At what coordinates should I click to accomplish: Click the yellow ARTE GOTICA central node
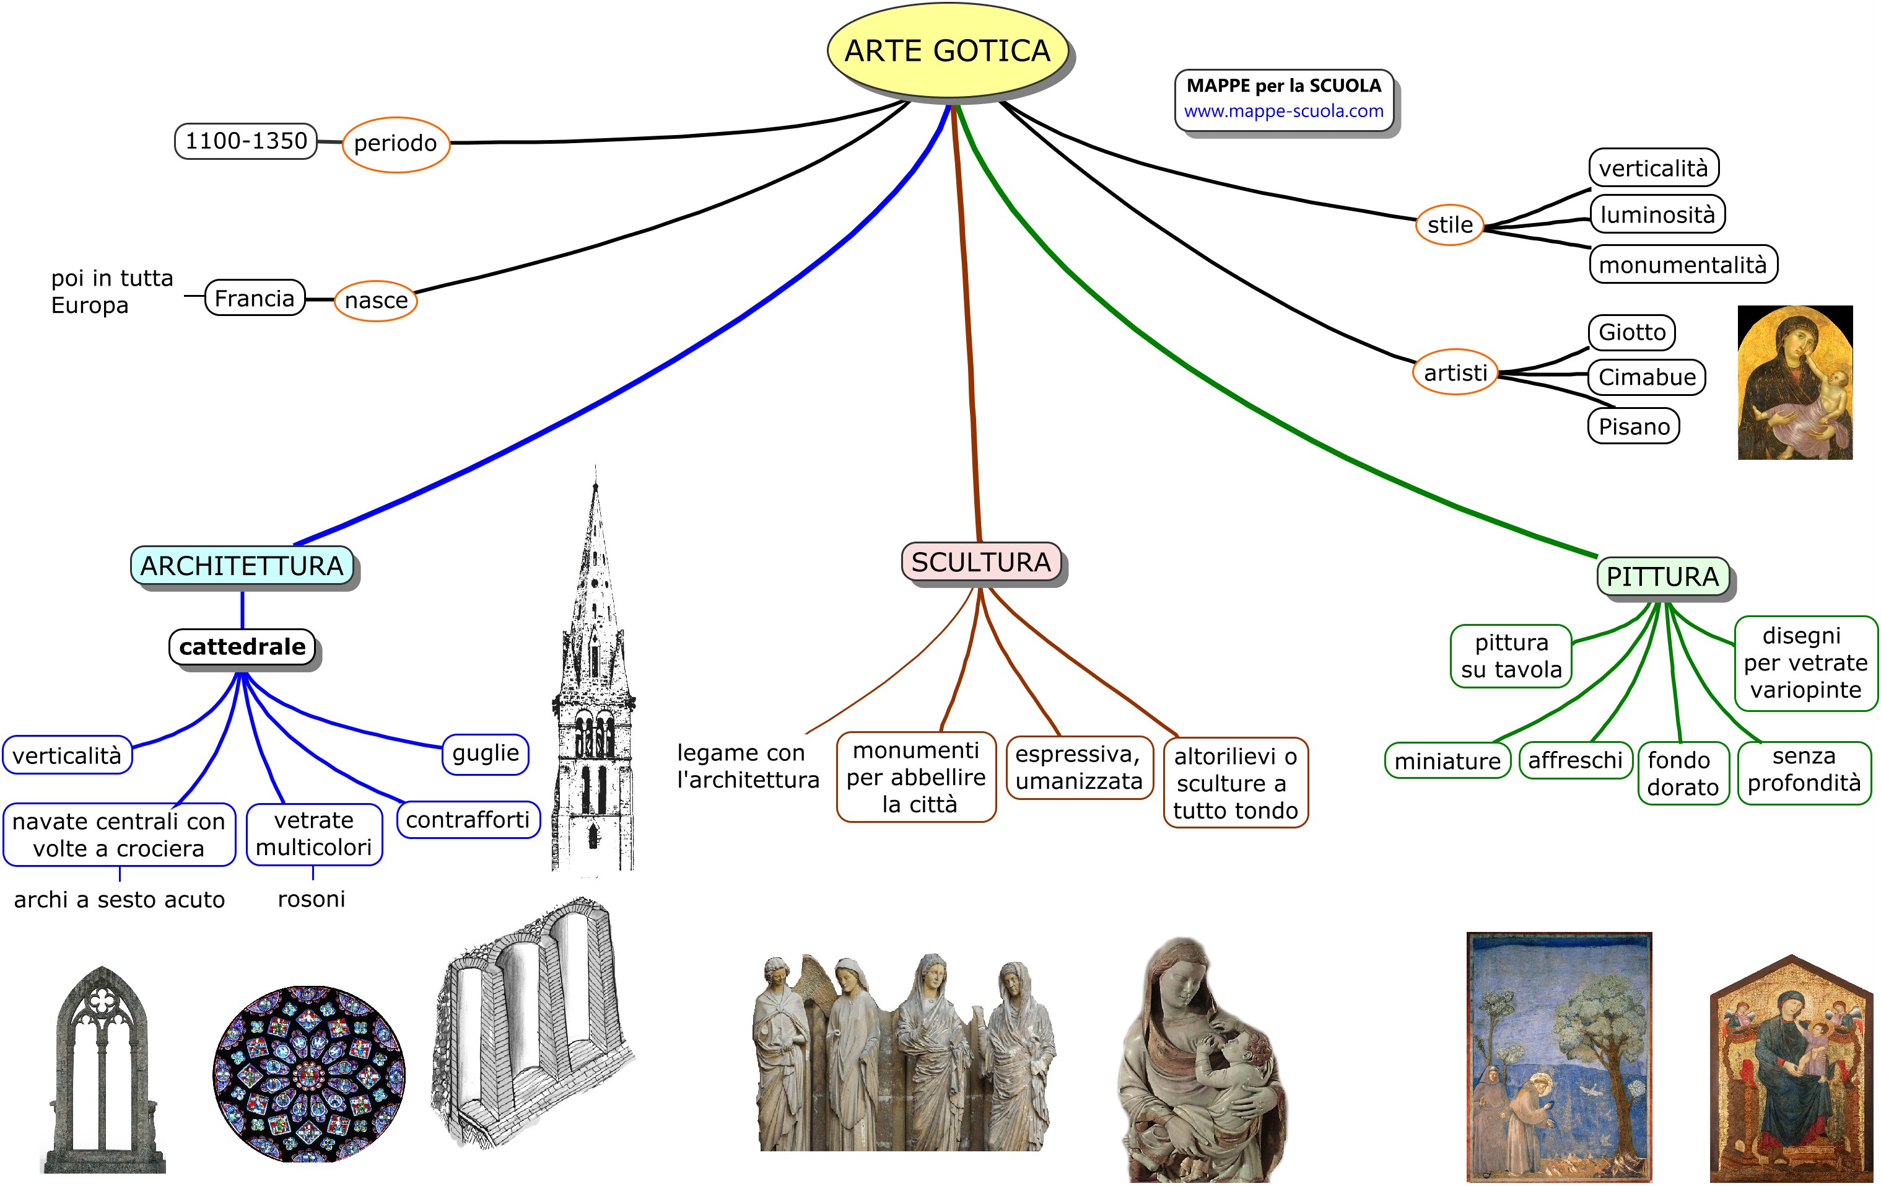point(947,51)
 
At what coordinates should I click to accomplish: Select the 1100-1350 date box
point(246,141)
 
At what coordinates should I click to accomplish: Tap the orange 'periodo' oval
point(395,144)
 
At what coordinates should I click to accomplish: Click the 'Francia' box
point(255,299)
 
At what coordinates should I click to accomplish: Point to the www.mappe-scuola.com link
point(1283,111)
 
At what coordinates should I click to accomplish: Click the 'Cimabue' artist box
point(1647,377)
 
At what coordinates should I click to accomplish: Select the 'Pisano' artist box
point(1633,426)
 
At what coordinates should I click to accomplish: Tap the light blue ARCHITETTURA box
point(242,566)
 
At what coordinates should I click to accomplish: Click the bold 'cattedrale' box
point(242,647)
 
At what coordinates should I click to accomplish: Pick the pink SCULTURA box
point(981,563)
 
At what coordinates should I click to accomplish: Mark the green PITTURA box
point(1662,577)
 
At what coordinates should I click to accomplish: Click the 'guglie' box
point(485,753)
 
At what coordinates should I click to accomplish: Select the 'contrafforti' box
point(468,820)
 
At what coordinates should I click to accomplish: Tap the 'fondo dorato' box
point(1683,773)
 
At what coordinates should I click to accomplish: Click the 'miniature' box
point(1447,761)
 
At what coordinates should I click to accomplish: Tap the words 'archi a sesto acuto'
point(120,900)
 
